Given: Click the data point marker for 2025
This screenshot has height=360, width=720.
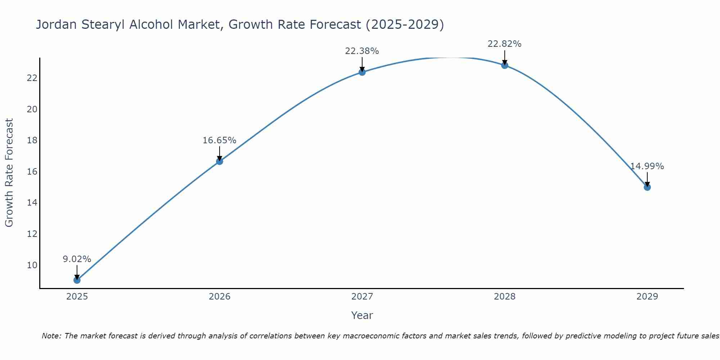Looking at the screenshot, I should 77,280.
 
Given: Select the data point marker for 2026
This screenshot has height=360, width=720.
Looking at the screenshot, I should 219,161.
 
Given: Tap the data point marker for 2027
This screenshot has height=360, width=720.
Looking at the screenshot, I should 362,72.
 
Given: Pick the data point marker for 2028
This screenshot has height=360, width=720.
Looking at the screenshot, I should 504,65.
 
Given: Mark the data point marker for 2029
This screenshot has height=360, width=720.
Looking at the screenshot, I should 647,187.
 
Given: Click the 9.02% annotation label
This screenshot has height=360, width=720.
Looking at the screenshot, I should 77,259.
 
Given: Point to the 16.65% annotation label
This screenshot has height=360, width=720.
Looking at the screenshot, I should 219,140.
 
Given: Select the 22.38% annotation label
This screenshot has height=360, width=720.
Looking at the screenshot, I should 362,51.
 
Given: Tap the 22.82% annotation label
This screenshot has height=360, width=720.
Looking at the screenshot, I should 504,44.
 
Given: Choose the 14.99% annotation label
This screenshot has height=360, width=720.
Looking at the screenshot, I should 647,166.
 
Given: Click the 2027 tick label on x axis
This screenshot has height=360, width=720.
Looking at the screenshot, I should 362,297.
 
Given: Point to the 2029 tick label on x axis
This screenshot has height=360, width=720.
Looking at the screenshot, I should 647,297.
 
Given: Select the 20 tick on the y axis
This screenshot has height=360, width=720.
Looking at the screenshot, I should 32,109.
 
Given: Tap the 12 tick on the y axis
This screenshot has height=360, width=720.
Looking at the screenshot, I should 32,234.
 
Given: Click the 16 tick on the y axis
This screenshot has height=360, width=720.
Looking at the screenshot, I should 32,171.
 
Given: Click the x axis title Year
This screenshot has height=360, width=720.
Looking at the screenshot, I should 362,315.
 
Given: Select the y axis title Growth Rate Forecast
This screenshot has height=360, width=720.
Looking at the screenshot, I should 9,173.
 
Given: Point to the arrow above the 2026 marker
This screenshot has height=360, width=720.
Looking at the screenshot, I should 219,153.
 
